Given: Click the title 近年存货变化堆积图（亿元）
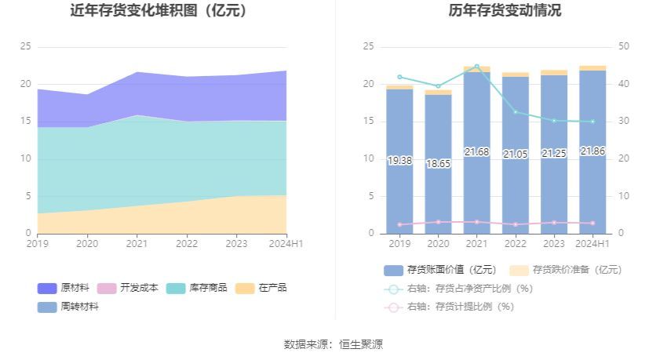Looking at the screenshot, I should pyautogui.click(x=159, y=11).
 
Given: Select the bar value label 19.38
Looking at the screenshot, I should pyautogui.click(x=399, y=161).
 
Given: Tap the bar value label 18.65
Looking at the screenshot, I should pyautogui.click(x=438, y=164).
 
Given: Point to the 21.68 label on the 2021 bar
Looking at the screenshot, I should pyautogui.click(x=476, y=151).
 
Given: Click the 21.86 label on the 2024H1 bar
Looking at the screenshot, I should pyautogui.click(x=592, y=151).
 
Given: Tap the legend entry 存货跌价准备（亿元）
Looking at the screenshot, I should pyautogui.click(x=565, y=270).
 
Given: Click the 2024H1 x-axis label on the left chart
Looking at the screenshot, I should pyautogui.click(x=286, y=244).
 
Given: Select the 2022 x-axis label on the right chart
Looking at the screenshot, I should pyautogui.click(x=516, y=244).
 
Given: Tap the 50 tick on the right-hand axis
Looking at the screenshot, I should pyautogui.click(x=624, y=47).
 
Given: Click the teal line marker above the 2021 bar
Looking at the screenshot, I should pyautogui.click(x=476, y=67).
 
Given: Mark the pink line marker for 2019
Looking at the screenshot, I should pyautogui.click(x=399, y=225).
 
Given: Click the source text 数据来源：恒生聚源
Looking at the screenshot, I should pyautogui.click(x=333, y=344).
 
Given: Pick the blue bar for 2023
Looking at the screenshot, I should pyautogui.click(x=554, y=188).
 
